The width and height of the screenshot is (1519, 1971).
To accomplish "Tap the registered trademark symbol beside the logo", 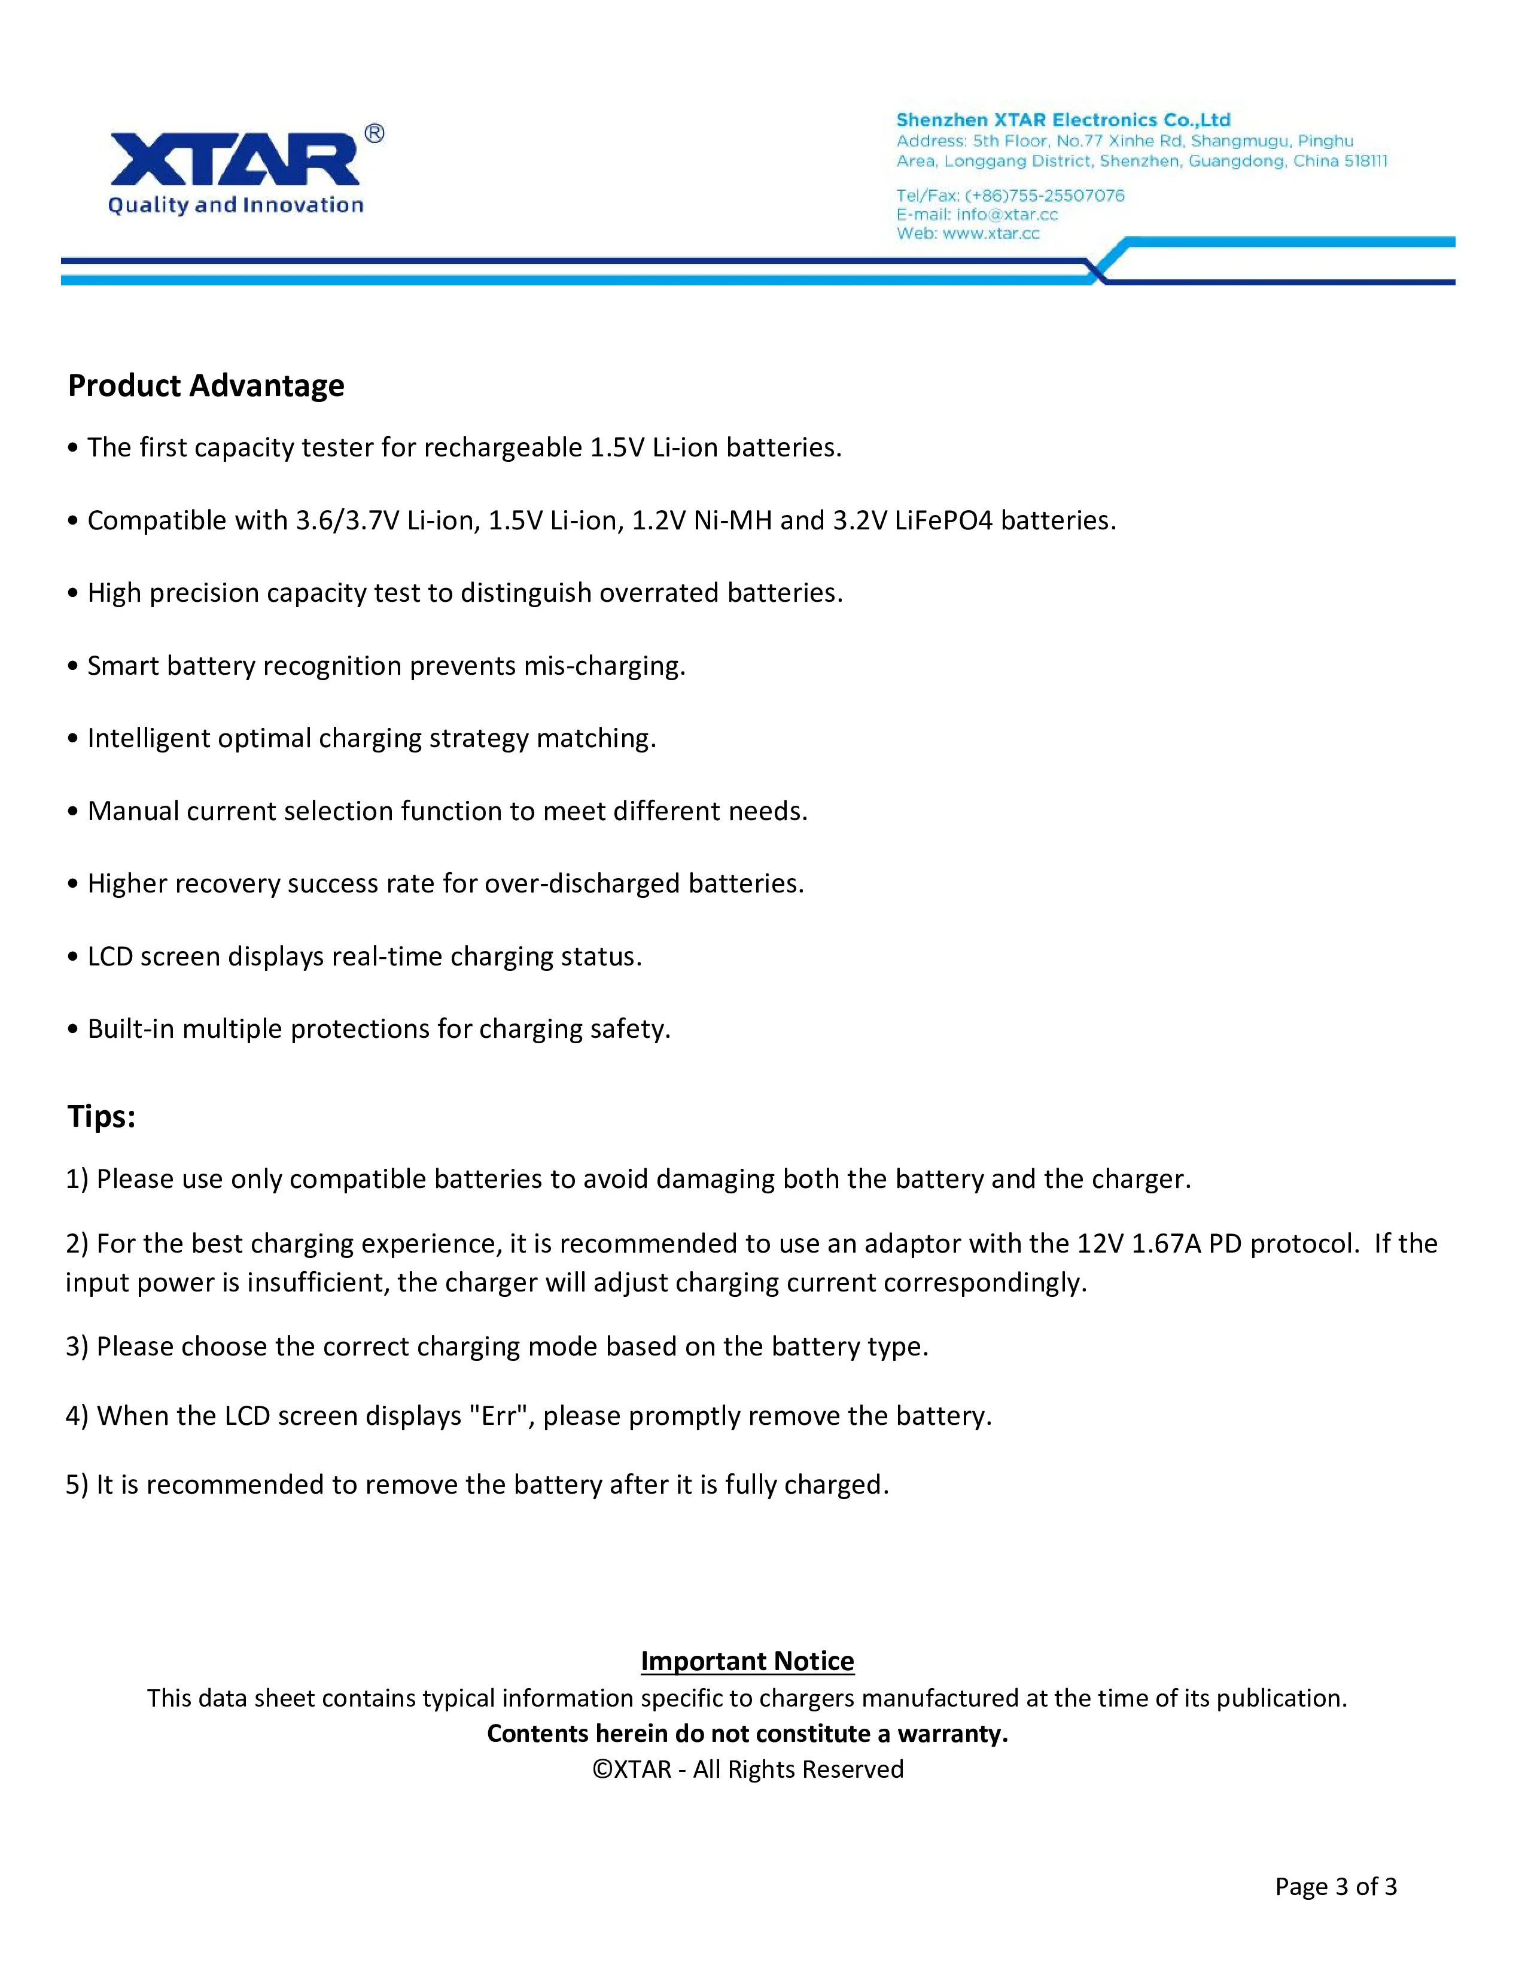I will pos(374,133).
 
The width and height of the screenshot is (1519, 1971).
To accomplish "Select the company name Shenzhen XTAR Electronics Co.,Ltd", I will pos(1063,120).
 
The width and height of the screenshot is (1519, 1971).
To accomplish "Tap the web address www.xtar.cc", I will pos(991,233).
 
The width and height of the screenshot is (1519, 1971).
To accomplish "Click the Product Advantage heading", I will pos(206,385).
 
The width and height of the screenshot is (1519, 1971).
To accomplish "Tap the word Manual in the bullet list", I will pos(133,811).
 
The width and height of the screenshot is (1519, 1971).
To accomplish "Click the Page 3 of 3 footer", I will pos(1335,1886).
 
